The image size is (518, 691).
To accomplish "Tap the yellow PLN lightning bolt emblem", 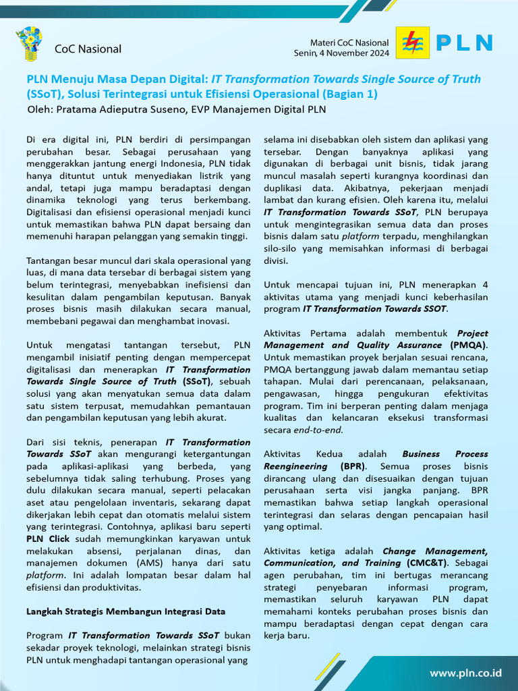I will [411, 43].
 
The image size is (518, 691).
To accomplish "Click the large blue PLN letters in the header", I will [465, 43].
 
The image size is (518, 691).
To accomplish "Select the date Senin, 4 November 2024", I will [341, 53].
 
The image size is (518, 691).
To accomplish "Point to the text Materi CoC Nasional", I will [349, 43].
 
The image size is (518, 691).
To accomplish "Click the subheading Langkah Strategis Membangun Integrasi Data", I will [125, 611].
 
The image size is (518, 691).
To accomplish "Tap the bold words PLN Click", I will [48, 539].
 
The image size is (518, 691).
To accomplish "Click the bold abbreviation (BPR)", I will [349, 466].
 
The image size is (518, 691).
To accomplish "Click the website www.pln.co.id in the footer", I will [465, 673].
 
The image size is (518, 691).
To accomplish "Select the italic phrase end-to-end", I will [318, 430].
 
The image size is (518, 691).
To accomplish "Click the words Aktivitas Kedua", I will [303, 454].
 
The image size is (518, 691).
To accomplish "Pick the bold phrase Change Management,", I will [435, 551].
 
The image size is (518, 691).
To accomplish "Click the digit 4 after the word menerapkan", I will [485, 285].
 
